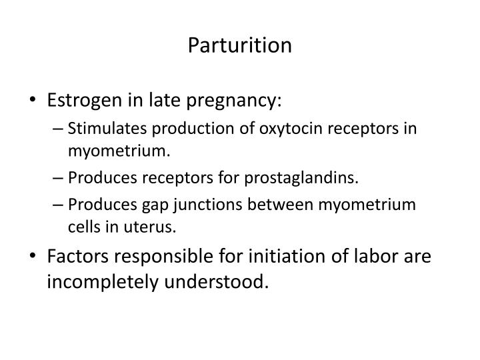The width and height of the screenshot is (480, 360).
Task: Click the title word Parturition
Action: [x=240, y=45]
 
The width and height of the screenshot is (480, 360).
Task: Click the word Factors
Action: [x=75, y=256]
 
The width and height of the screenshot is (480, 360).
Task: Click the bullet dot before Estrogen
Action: [x=35, y=101]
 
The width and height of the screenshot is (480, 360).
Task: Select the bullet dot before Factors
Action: [x=35, y=257]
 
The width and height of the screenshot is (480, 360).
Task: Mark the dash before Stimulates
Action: [x=58, y=128]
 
